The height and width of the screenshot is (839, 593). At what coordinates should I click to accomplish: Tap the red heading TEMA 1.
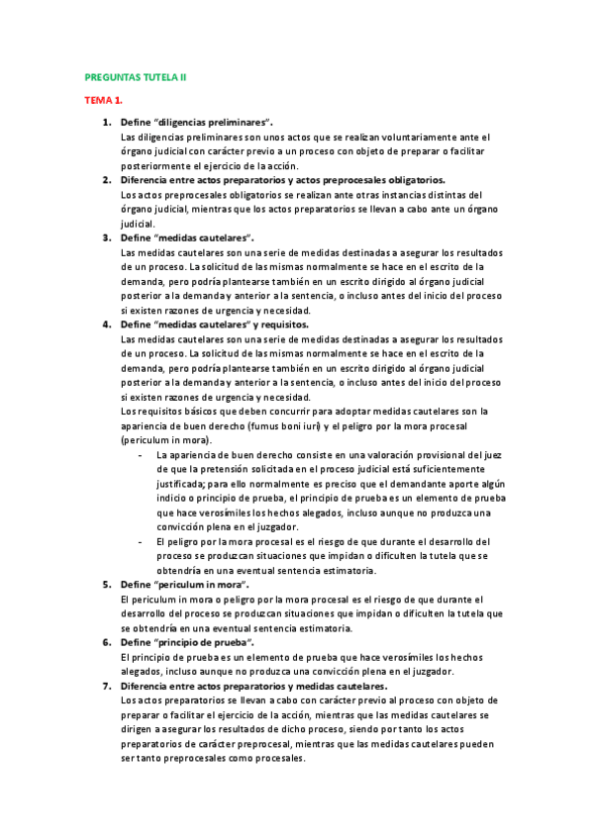[x=103, y=101]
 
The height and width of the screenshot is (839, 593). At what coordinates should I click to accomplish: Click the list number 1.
[x=107, y=122]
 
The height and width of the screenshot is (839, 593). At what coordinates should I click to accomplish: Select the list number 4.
[x=107, y=324]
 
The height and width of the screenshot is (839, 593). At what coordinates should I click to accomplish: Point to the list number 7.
[x=107, y=686]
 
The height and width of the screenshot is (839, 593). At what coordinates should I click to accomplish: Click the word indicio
[x=171, y=498]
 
